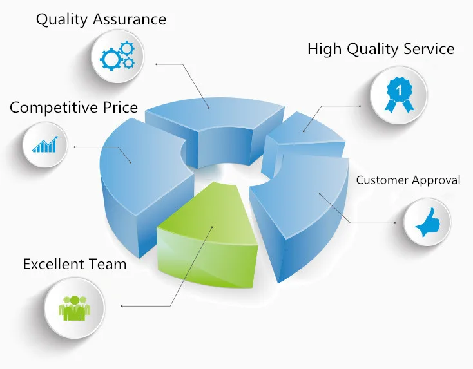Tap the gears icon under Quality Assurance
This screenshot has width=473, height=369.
pos(117,56)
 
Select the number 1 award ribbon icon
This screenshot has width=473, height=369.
pos(399,95)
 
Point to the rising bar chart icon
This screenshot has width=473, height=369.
pos(45,144)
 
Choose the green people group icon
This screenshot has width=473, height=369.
pos(75,308)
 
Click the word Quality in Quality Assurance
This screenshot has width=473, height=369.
pos(61,20)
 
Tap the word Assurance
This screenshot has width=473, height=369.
pos(130,19)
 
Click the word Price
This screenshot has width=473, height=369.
pos(121,108)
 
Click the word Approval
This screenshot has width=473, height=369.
pos(436,180)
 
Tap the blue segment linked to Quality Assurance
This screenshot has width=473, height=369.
pos(215,127)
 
